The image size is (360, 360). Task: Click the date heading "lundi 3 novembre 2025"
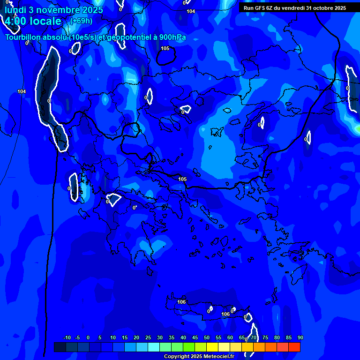pyautogui.click(x=54, y=9)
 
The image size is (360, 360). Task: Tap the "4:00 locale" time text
pyautogui.click(x=33, y=21)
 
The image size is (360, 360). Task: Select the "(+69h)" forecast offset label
pyautogui.click(x=81, y=21)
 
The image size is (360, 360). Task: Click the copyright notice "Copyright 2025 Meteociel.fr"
pyautogui.click(x=199, y=357)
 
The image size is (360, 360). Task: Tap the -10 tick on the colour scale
pyautogui.click(x=67, y=337)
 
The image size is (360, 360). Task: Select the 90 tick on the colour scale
pyautogui.click(x=300, y=337)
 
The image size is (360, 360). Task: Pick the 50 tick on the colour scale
pyautogui.click(x=207, y=337)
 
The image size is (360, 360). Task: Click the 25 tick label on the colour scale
pyautogui.click(x=148, y=337)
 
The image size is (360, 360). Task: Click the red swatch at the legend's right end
pyautogui.click(x=294, y=347)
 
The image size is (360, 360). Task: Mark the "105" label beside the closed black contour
pyautogui.click(x=165, y=48)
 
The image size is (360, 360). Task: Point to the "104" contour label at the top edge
pyautogui.click(x=190, y=11)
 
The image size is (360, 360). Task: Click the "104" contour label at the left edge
pyautogui.click(x=22, y=91)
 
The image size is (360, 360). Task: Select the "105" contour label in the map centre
pyautogui.click(x=182, y=179)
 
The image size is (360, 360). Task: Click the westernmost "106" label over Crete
pyautogui.click(x=181, y=302)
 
